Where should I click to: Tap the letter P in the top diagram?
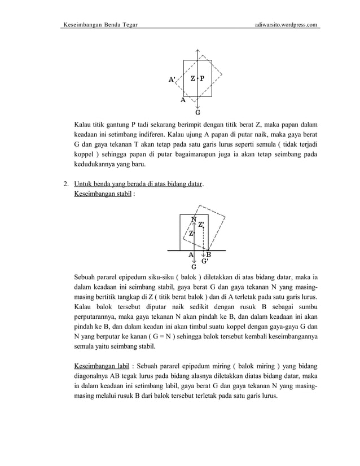tap(203, 78)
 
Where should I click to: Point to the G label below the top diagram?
tap(197, 112)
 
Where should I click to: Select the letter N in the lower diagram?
tap(194, 219)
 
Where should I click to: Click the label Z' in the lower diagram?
tap(201, 225)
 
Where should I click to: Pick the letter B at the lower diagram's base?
tap(208, 254)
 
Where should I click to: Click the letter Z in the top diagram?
tap(193, 78)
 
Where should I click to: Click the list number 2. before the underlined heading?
tap(66, 184)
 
